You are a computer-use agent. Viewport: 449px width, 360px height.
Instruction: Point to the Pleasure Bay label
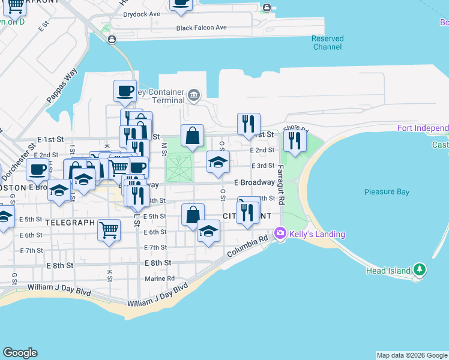point(387,192)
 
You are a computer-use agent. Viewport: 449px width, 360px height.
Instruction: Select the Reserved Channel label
point(328,43)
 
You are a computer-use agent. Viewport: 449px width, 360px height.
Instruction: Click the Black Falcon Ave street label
point(201,28)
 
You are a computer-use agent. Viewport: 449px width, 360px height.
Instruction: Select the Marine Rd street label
point(159,278)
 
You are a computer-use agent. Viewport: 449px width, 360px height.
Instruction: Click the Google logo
point(20,353)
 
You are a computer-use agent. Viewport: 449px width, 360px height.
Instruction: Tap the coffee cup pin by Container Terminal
point(125,91)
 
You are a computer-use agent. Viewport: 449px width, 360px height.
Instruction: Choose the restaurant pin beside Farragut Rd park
point(294,140)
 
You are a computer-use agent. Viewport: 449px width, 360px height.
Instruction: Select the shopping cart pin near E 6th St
point(109,229)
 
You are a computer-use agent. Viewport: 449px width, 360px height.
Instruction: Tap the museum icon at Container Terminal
point(193,94)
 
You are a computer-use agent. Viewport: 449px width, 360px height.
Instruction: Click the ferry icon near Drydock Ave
point(266,8)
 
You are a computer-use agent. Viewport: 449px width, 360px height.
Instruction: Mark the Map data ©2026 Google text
point(411,355)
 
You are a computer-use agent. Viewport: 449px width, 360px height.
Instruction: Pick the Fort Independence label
point(423,128)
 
